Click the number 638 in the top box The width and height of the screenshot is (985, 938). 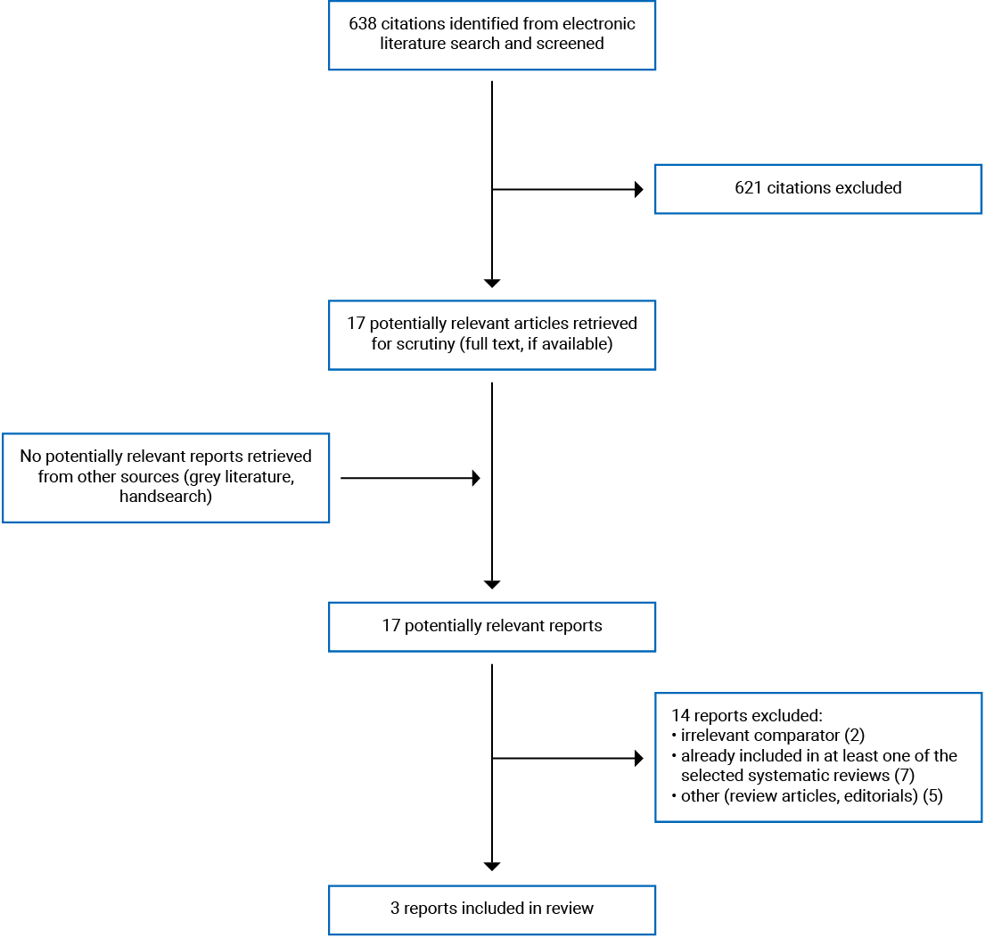[362, 23]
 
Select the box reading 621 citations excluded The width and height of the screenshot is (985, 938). [817, 188]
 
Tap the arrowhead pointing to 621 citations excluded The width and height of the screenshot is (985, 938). [638, 189]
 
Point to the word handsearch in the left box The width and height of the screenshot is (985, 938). [166, 497]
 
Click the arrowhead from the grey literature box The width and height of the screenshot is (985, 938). [476, 479]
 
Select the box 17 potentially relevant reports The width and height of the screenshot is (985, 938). [491, 626]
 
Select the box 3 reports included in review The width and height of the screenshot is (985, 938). [491, 909]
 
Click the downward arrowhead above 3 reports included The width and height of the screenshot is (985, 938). [492, 866]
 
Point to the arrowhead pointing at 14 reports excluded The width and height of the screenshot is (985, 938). [638, 759]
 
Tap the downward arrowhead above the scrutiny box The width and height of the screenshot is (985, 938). [492, 283]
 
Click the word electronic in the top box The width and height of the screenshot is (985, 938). [600, 23]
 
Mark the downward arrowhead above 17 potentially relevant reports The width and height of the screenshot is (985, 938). [492, 584]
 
